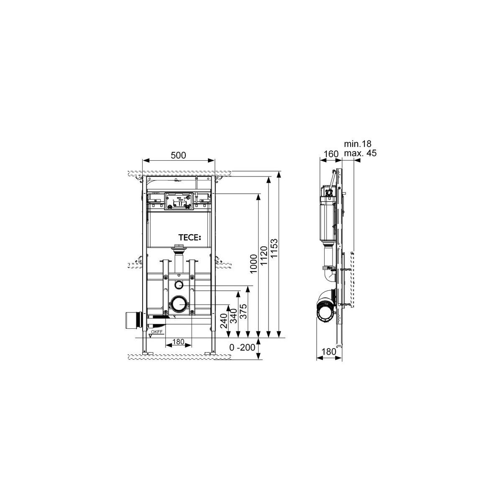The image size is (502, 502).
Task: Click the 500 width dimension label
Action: click(178, 155)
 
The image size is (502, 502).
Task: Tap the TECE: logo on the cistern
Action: click(190, 237)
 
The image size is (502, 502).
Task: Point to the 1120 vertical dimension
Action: click(264, 256)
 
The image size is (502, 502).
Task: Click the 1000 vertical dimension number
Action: click(254, 264)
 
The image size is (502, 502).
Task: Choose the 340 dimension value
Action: click(234, 316)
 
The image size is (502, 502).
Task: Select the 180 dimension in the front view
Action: click(178, 341)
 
